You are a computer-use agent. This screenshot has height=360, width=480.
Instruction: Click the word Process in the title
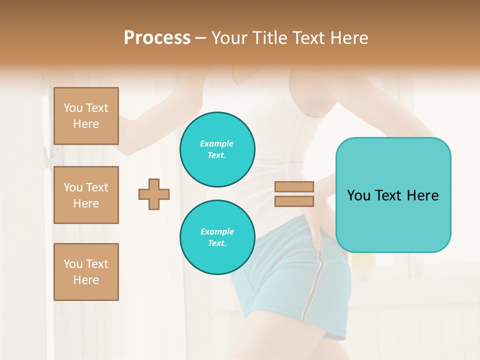[157, 38]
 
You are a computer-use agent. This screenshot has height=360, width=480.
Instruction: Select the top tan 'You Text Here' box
[86, 116]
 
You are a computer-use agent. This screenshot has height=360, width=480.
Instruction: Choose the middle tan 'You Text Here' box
[86, 195]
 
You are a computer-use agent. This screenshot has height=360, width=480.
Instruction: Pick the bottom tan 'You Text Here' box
[86, 272]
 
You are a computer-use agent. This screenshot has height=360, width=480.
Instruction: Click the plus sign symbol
[154, 194]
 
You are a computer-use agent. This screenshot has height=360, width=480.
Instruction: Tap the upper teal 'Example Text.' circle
[217, 149]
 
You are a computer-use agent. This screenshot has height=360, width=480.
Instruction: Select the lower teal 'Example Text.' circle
[217, 237]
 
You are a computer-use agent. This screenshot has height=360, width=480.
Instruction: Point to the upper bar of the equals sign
[294, 186]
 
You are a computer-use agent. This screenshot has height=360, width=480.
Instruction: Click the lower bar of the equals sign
[294, 201]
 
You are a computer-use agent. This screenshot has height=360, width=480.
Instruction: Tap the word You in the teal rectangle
[358, 195]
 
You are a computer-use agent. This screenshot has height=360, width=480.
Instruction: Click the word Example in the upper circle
[217, 144]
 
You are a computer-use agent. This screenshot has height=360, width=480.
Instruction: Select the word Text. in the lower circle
[217, 243]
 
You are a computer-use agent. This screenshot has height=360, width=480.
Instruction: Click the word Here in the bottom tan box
[86, 280]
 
